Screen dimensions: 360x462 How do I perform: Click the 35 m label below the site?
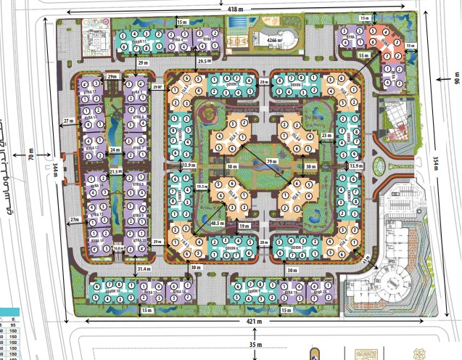coord(253,345)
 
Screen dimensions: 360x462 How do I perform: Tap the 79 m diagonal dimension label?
coord(272,161)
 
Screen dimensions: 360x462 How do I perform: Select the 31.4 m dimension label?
coord(145,269)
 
